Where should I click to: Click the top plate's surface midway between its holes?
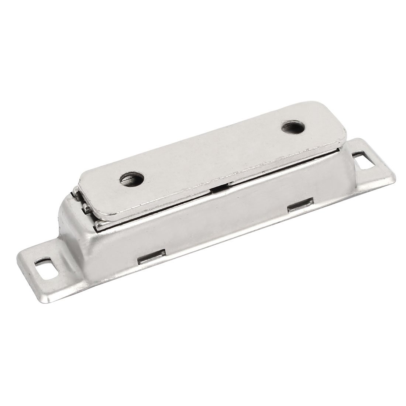pyautogui.click(x=212, y=155)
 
